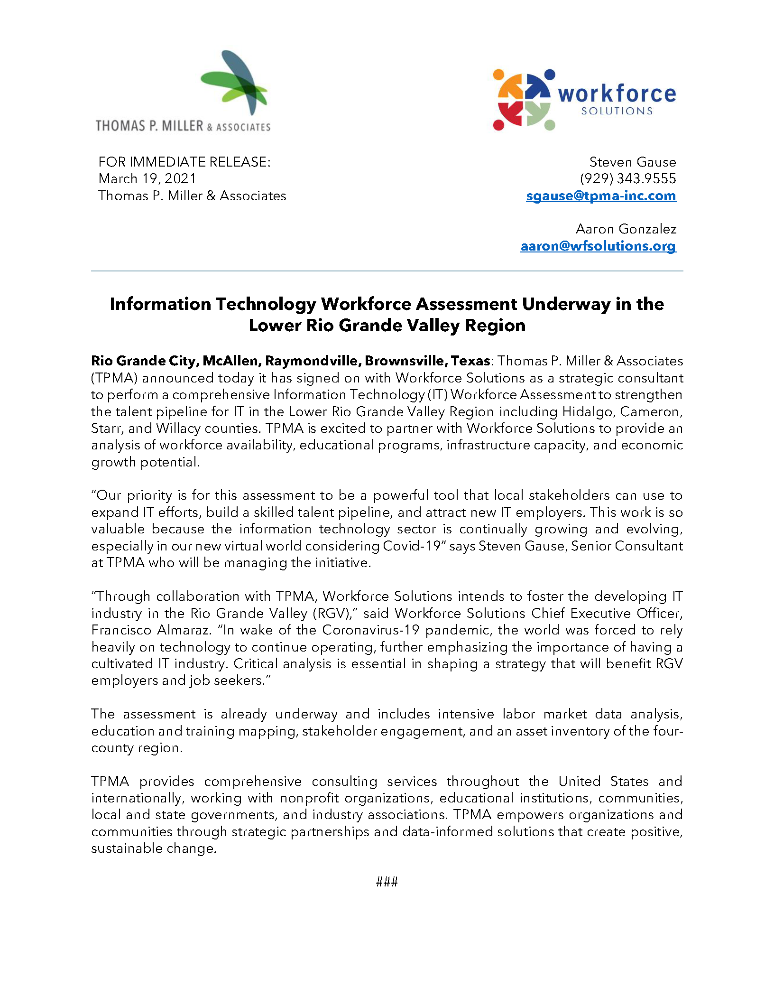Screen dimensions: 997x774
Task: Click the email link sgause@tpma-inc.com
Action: tap(600, 196)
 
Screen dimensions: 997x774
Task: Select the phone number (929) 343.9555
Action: tap(628, 179)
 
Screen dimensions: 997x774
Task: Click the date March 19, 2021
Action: tap(147, 179)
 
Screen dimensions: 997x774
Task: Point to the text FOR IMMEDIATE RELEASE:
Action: tap(184, 162)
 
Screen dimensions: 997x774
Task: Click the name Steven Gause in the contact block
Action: tap(632, 162)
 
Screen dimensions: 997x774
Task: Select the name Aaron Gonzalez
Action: tap(626, 229)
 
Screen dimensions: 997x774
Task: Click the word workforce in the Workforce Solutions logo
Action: tap(617, 94)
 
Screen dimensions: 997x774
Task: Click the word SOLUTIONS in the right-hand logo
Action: tap(617, 112)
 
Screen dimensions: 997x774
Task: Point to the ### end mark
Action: tap(387, 882)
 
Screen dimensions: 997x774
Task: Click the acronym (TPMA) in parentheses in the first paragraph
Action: tap(114, 378)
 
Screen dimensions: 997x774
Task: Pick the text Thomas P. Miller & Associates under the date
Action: tap(192, 196)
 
